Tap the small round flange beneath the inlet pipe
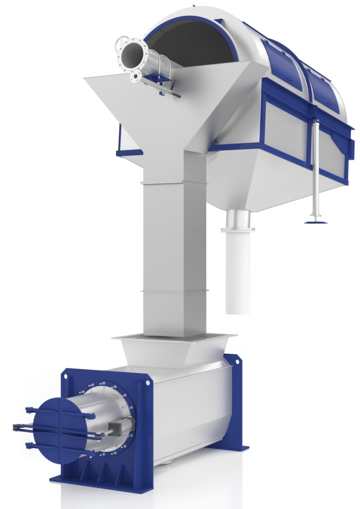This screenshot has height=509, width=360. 135,77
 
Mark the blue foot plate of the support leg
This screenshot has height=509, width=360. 315,222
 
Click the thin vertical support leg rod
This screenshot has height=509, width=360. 315,168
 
